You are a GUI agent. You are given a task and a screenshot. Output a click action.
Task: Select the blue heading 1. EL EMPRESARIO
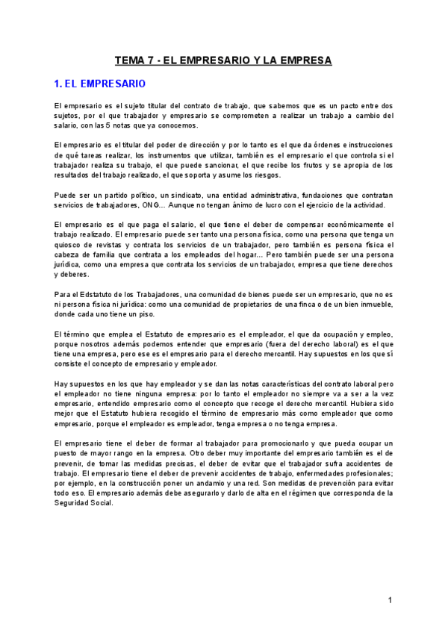pos(101,84)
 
